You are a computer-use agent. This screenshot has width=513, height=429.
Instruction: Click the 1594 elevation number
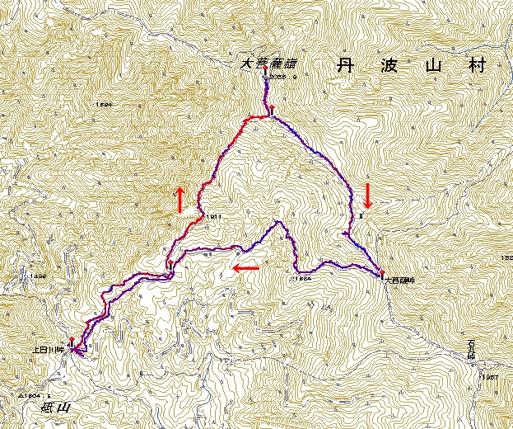pyautogui.click(x=103, y=105)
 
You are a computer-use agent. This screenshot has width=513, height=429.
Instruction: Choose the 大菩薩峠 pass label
pyautogui.click(x=399, y=280)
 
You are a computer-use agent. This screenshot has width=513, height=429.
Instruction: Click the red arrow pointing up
pyautogui.click(x=179, y=200)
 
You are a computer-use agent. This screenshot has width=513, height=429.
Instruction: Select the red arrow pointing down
pyautogui.click(x=367, y=196)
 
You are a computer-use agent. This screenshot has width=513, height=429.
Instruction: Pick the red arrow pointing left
pyautogui.click(x=246, y=268)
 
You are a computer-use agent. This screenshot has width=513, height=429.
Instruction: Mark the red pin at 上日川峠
pyautogui.click(x=72, y=342)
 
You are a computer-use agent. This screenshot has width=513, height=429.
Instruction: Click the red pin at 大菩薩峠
pyautogui.click(x=382, y=273)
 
